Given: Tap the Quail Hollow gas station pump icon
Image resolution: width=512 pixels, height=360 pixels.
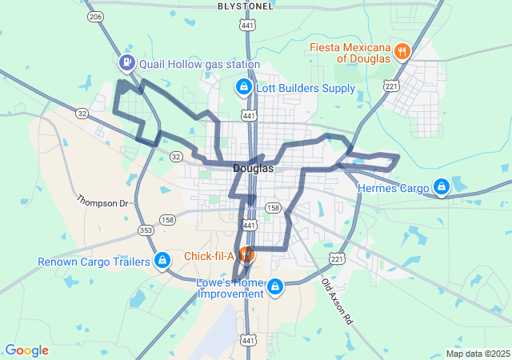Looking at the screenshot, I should [x=126, y=62].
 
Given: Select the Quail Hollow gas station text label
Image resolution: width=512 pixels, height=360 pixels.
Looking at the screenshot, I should [x=199, y=64].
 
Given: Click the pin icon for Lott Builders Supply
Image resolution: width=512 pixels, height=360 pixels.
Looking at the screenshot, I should [x=243, y=86].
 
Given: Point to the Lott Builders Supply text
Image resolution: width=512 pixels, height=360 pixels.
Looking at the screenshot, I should [x=306, y=88].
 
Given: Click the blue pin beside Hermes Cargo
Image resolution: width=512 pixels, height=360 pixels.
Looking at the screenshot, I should [x=440, y=187].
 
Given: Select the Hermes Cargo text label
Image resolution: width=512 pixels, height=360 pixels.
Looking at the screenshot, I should [x=394, y=189].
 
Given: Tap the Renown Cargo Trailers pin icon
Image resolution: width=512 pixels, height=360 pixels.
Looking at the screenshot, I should [x=162, y=260].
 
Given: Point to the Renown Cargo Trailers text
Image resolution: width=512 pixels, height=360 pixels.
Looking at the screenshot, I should [x=94, y=262].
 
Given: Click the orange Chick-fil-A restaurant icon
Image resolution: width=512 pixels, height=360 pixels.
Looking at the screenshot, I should [x=246, y=255].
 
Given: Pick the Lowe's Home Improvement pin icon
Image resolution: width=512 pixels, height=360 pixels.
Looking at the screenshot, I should [x=275, y=286].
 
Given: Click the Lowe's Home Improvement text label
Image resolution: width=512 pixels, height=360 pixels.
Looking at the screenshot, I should [x=230, y=288].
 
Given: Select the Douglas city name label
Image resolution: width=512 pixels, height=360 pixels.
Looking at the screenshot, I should [x=253, y=169].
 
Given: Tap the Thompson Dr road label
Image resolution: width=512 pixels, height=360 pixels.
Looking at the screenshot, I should [x=102, y=203].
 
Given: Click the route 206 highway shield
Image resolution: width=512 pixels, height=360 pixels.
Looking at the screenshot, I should [x=96, y=16].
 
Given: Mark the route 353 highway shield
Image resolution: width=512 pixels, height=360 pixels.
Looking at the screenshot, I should [x=145, y=230].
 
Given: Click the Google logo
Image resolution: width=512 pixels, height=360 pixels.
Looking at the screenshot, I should [x=26, y=350].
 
